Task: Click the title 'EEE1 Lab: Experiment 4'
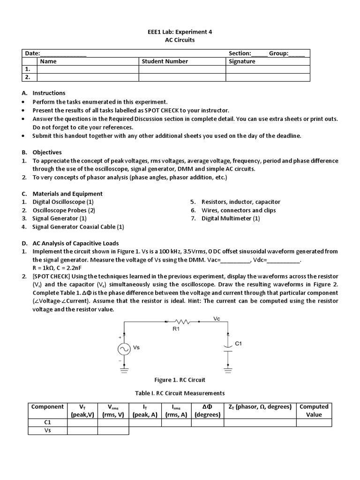click(180, 32)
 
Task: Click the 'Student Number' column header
click(165, 61)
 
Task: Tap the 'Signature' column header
click(242, 61)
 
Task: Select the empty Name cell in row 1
click(87, 69)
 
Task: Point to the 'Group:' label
click(278, 53)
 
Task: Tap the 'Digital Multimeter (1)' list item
click(231, 218)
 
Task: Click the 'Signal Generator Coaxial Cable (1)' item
click(78, 227)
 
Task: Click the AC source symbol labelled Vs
click(124, 349)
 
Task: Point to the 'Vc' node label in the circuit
click(217, 319)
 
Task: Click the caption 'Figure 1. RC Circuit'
click(180, 380)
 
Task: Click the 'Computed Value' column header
click(314, 411)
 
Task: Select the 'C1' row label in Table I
click(47, 423)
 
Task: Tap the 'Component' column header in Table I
click(47, 407)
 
